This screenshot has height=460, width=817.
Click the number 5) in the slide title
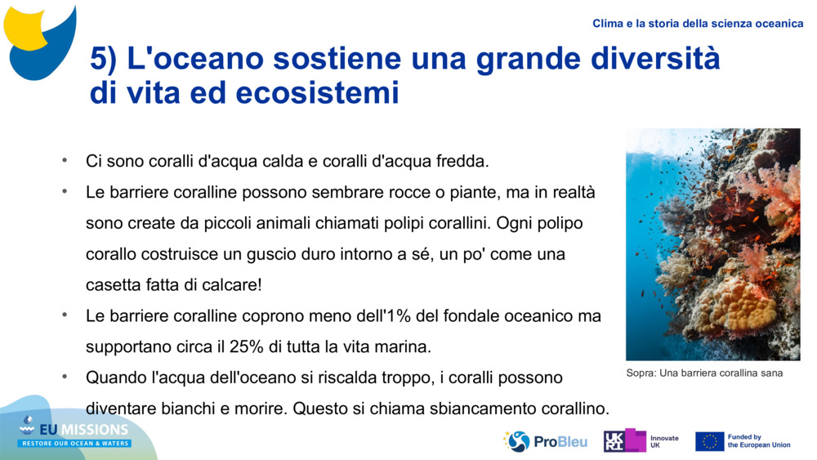[108, 60]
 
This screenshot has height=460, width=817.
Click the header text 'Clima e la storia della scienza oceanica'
[698, 24]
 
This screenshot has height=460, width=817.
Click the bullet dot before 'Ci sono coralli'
[63, 160]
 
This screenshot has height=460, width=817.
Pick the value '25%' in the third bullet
[246, 346]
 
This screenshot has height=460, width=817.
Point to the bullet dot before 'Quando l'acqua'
[63, 377]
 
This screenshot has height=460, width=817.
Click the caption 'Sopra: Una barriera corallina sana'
[704, 373]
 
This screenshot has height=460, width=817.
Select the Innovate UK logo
[641, 441]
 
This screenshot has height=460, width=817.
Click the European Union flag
[709, 441]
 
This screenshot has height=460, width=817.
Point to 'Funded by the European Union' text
[758, 441]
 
